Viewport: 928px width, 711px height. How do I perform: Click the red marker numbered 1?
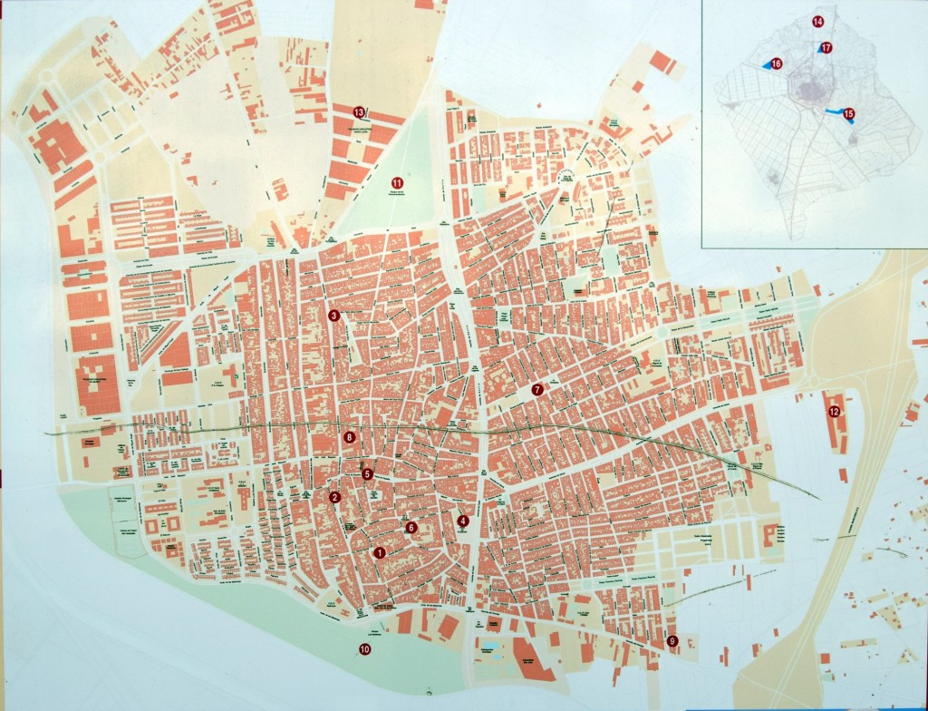[380, 552]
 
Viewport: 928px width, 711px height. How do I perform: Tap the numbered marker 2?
[334, 497]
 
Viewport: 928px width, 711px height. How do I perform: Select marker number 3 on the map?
[333, 316]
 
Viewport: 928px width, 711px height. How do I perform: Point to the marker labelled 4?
[463, 521]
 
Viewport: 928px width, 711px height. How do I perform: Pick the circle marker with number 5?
[367, 473]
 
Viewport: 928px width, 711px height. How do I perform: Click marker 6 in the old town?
[411, 527]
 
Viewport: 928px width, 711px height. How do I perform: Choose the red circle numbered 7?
[536, 390]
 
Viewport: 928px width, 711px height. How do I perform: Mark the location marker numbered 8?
[350, 437]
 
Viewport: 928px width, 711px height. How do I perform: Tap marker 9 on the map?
[672, 641]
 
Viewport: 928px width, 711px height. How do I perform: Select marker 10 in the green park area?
[364, 648]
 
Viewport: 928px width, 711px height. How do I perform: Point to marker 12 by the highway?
[833, 412]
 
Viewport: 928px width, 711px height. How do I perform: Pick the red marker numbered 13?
[359, 112]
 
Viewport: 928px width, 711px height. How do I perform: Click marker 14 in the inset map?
[817, 21]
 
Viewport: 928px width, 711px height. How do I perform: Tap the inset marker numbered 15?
[848, 113]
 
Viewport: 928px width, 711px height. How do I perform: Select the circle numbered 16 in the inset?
[777, 63]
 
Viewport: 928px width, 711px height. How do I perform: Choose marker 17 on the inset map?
[826, 47]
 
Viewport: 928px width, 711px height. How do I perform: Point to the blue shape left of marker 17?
[817, 51]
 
